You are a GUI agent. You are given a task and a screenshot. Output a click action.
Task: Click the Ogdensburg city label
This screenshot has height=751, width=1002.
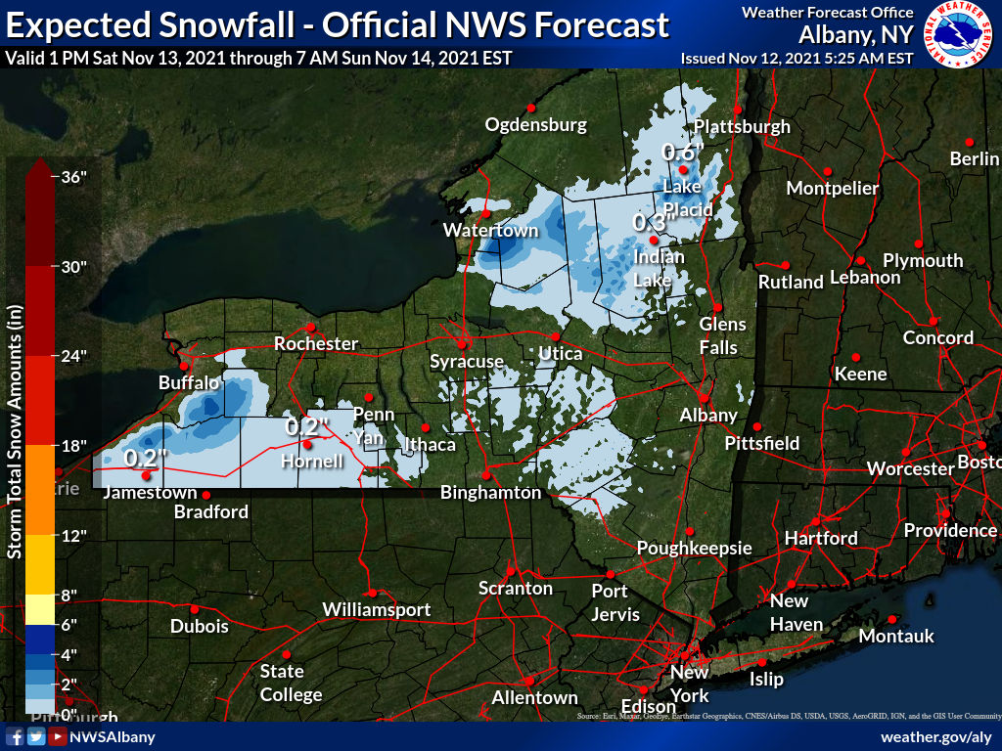[536, 124]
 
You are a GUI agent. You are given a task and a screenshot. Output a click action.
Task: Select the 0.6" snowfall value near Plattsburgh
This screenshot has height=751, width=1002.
[683, 152]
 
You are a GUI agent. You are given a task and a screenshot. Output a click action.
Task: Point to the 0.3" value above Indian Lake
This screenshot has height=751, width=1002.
[650, 223]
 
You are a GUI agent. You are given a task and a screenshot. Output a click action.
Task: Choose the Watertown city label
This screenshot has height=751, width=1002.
[490, 231]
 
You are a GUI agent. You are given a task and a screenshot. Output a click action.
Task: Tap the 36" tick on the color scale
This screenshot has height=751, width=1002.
[74, 177]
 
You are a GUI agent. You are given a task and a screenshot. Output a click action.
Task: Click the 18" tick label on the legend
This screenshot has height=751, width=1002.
[74, 446]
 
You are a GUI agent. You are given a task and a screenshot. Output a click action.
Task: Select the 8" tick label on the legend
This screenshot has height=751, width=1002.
[68, 595]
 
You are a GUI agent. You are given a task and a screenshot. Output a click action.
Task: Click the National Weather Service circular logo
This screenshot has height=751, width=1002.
[958, 34]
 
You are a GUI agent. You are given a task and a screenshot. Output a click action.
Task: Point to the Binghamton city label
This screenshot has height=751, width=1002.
[490, 493]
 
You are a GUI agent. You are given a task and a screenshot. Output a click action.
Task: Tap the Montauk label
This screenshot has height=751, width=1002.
[896, 637]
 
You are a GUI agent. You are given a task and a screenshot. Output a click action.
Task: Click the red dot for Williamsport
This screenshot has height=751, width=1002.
[373, 593]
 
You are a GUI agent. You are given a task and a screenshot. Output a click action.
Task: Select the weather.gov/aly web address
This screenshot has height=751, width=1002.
[936, 736]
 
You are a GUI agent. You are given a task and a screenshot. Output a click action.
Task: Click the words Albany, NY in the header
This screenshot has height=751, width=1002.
[856, 34]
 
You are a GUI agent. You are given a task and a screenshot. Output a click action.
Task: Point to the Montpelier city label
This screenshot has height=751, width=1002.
[833, 188]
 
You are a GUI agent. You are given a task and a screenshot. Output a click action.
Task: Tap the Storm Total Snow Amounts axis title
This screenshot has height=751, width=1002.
[15, 430]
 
